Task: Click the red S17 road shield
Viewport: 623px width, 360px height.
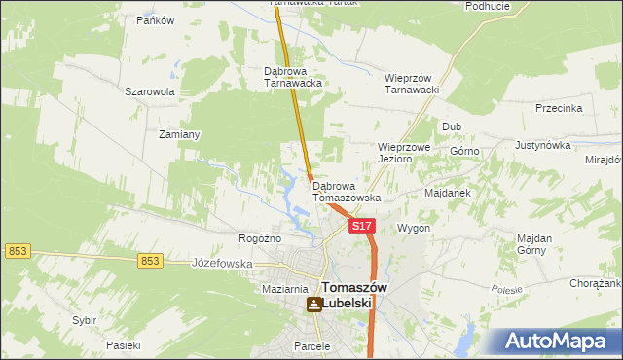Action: pos(361,226)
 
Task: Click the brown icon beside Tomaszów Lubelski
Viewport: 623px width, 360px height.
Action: pos(313,305)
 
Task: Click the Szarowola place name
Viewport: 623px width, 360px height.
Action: pos(149,91)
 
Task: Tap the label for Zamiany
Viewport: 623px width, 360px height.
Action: pos(179,134)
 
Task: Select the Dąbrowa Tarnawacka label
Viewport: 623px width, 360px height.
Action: pos(293,77)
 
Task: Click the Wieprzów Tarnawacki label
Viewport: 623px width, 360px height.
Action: pos(414,83)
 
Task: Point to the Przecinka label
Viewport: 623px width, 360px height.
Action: pos(559,109)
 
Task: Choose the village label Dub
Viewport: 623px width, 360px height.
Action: pos(451,126)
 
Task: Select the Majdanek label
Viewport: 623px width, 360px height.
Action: pos(448,193)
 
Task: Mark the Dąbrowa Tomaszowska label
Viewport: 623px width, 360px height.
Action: pos(346,191)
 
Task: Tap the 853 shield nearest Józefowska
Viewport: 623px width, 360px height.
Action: pos(149,260)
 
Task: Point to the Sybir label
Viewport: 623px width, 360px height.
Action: pos(84,319)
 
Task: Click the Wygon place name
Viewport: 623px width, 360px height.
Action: pos(414,228)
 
